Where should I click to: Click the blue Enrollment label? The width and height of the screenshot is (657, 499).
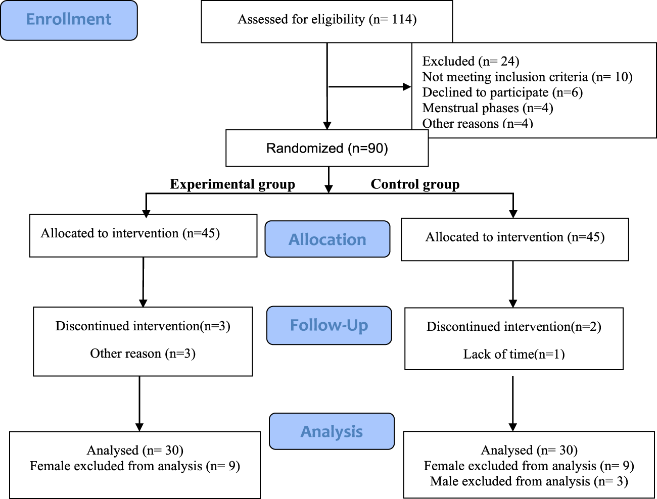69,20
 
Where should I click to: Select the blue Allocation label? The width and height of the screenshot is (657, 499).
327,239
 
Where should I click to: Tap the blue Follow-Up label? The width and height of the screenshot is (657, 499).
329,325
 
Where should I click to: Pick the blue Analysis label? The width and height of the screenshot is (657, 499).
332,432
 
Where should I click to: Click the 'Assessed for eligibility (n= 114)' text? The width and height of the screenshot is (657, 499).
327,20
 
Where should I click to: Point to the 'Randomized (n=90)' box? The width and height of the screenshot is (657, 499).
327,148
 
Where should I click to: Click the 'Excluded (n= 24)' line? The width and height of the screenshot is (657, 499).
471,61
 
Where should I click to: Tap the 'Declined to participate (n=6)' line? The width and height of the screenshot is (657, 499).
502,92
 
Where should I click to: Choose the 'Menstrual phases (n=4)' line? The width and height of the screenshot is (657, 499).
488,108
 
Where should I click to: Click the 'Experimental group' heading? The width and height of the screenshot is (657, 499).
232,184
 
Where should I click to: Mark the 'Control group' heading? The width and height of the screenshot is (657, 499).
415,184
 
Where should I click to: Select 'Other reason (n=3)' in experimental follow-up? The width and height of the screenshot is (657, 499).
143,354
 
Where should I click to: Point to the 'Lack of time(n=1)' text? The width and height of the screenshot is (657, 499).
514,354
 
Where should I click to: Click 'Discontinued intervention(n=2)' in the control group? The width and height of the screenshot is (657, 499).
514,327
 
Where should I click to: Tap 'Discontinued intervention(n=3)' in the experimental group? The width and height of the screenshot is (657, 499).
143,326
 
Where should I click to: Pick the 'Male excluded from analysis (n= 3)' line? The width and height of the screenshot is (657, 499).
529,481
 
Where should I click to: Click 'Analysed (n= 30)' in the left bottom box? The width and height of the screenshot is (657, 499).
135,450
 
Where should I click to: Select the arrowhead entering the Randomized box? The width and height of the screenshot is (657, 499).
327,126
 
